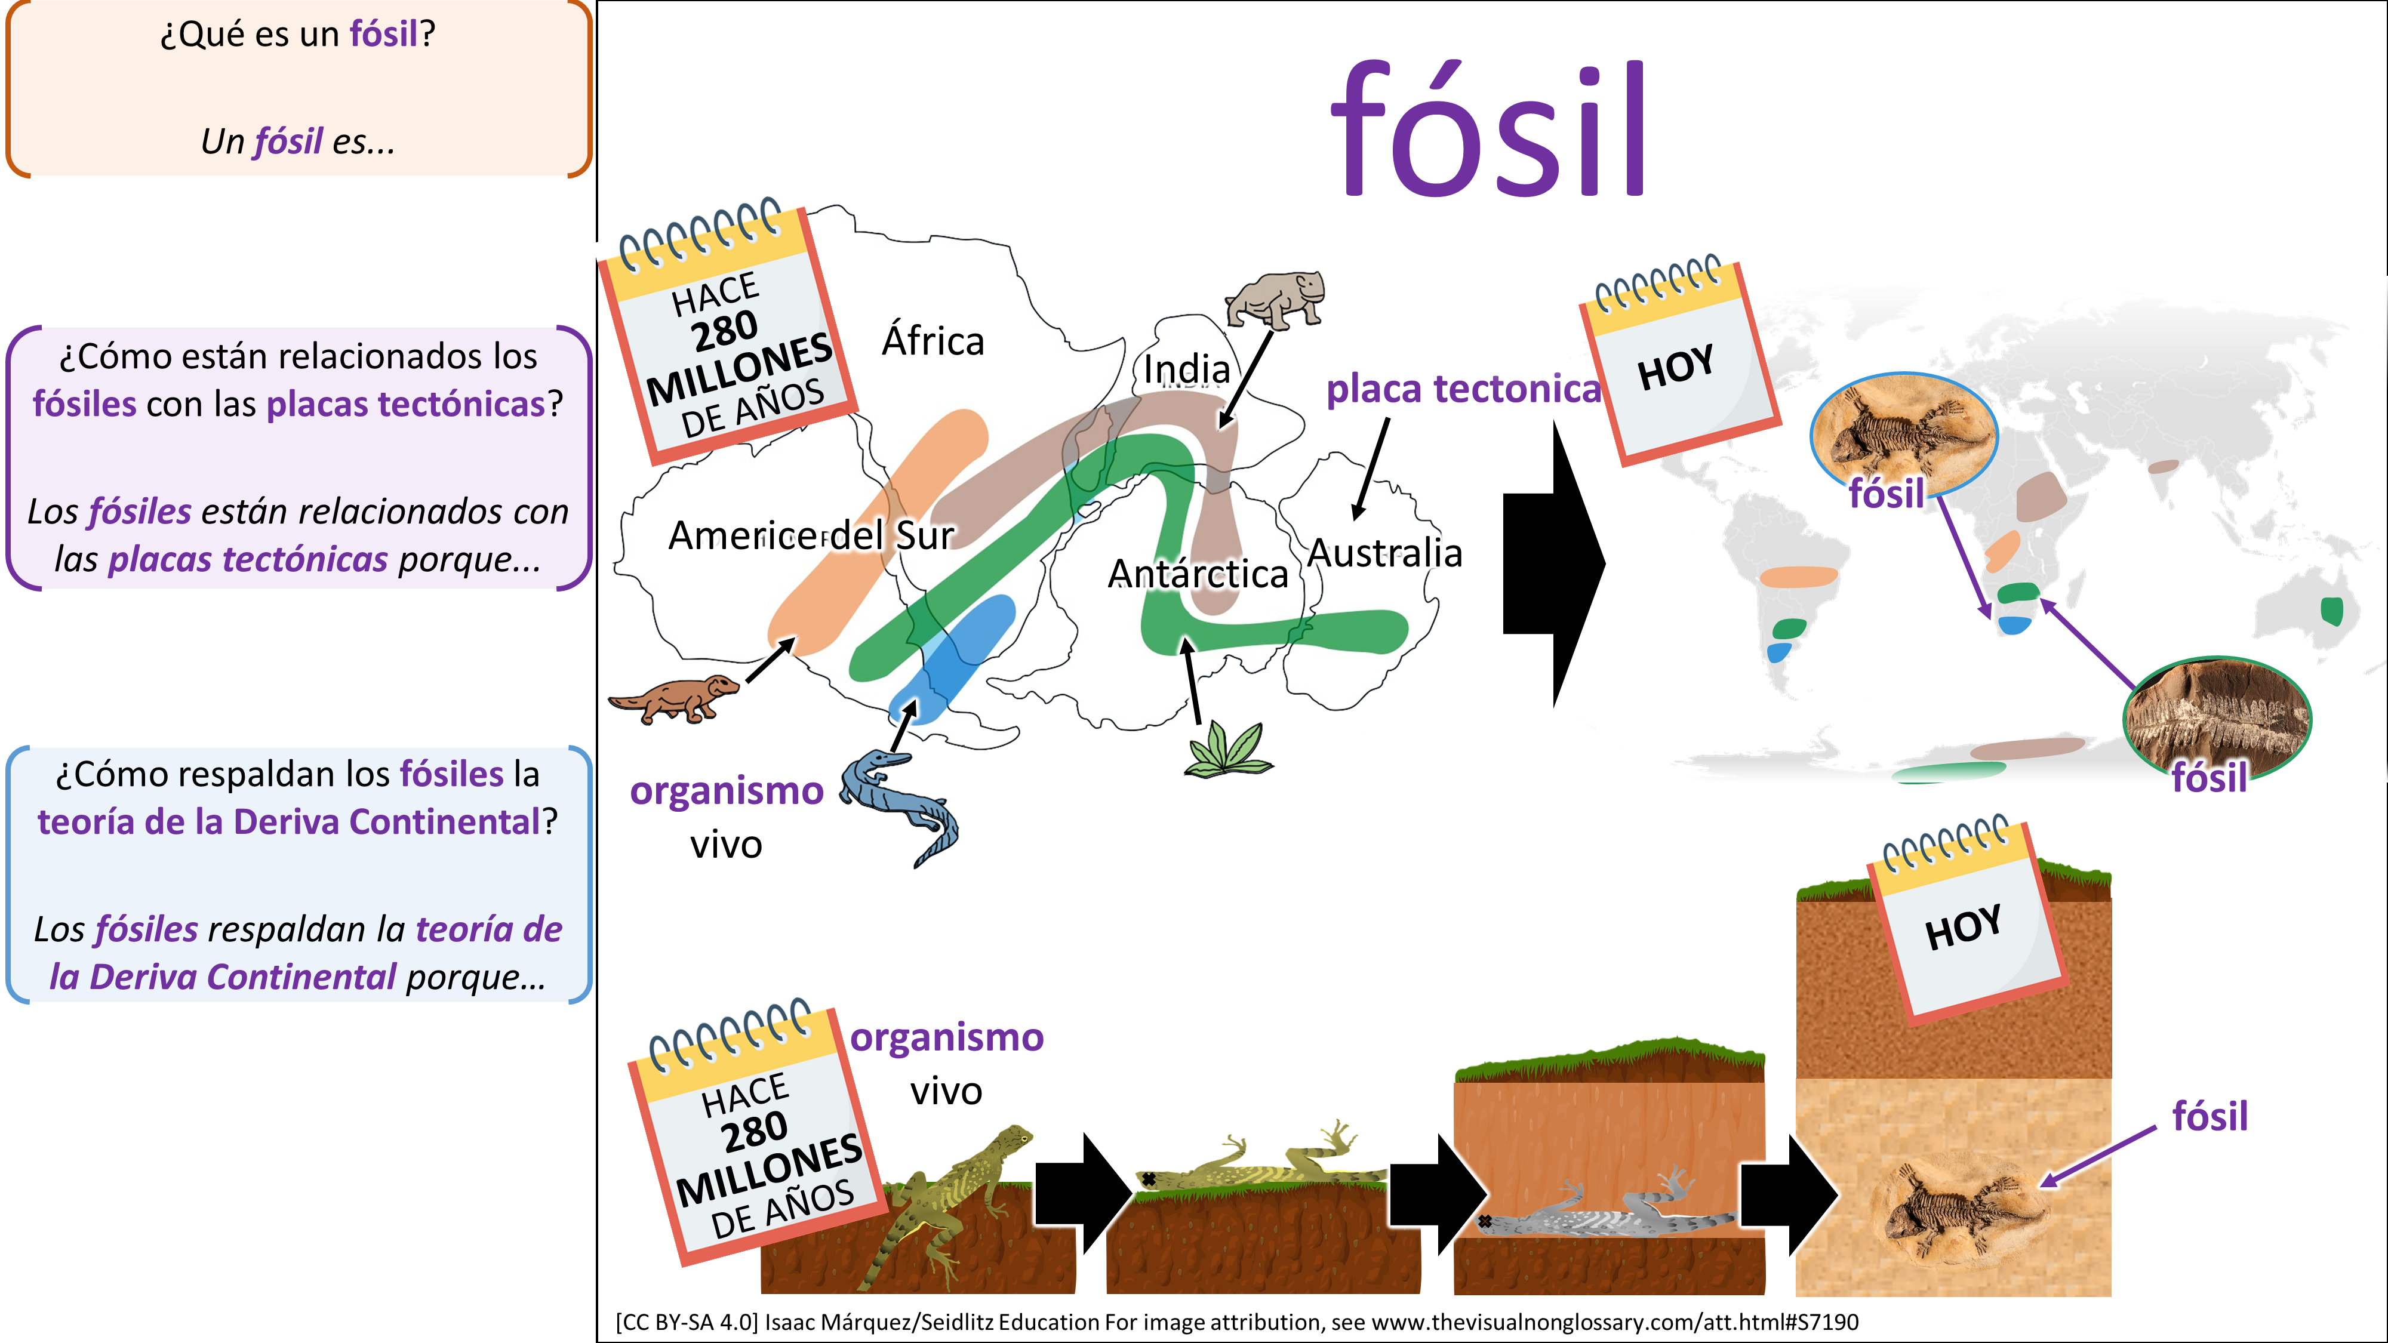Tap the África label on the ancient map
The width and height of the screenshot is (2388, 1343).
(x=933, y=340)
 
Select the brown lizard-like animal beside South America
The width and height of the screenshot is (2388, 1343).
(x=674, y=698)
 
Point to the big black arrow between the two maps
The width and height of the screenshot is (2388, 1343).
(x=1553, y=563)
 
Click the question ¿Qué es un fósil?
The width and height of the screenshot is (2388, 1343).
(x=297, y=34)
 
